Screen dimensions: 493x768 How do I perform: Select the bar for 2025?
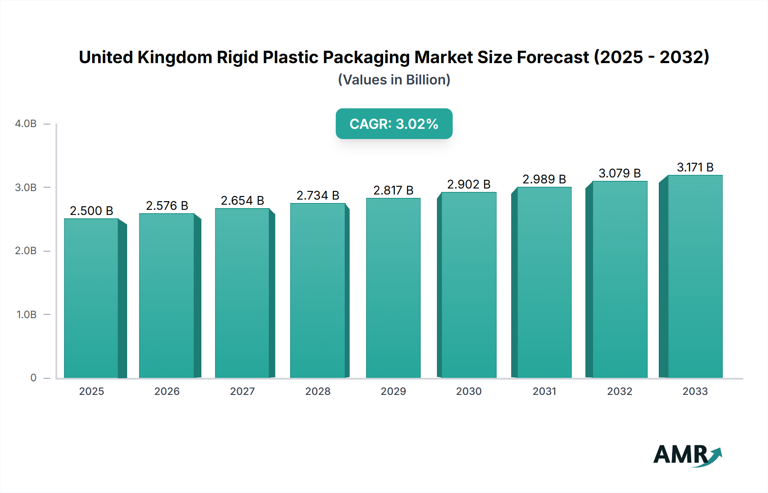[91, 299]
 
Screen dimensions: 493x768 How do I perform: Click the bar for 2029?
[393, 288]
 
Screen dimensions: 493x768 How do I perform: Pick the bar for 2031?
[544, 282]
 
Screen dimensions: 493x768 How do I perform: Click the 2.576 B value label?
[167, 206]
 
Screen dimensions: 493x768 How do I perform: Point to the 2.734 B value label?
[317, 195]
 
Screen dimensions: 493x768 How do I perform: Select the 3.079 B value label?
[620, 173]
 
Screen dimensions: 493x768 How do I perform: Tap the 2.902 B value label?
[468, 184]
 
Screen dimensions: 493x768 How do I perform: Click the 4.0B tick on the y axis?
[26, 124]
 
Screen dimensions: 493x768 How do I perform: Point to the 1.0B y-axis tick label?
[26, 315]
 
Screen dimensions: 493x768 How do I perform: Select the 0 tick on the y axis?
[33, 378]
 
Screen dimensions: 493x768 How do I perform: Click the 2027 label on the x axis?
[242, 391]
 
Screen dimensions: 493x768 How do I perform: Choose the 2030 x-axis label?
[468, 391]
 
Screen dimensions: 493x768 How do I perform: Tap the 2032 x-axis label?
[620, 391]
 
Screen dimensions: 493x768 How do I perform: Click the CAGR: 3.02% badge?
[394, 124]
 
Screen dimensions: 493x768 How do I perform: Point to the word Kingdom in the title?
[175, 58]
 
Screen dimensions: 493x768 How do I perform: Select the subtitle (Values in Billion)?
[394, 80]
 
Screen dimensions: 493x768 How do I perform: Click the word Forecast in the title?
[553, 58]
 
